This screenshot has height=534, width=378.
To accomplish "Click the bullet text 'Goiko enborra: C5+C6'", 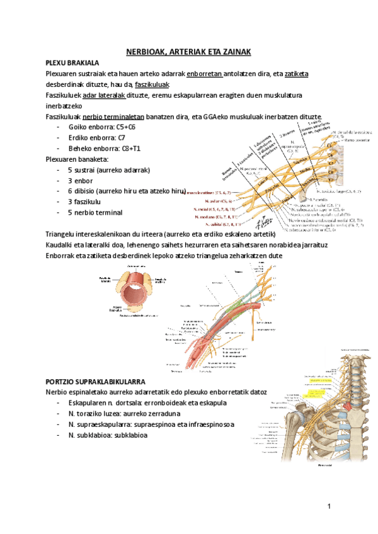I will click(x=103, y=127).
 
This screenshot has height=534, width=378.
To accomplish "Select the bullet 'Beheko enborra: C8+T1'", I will click(x=104, y=149).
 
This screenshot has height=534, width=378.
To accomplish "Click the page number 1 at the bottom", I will click(x=328, y=508).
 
